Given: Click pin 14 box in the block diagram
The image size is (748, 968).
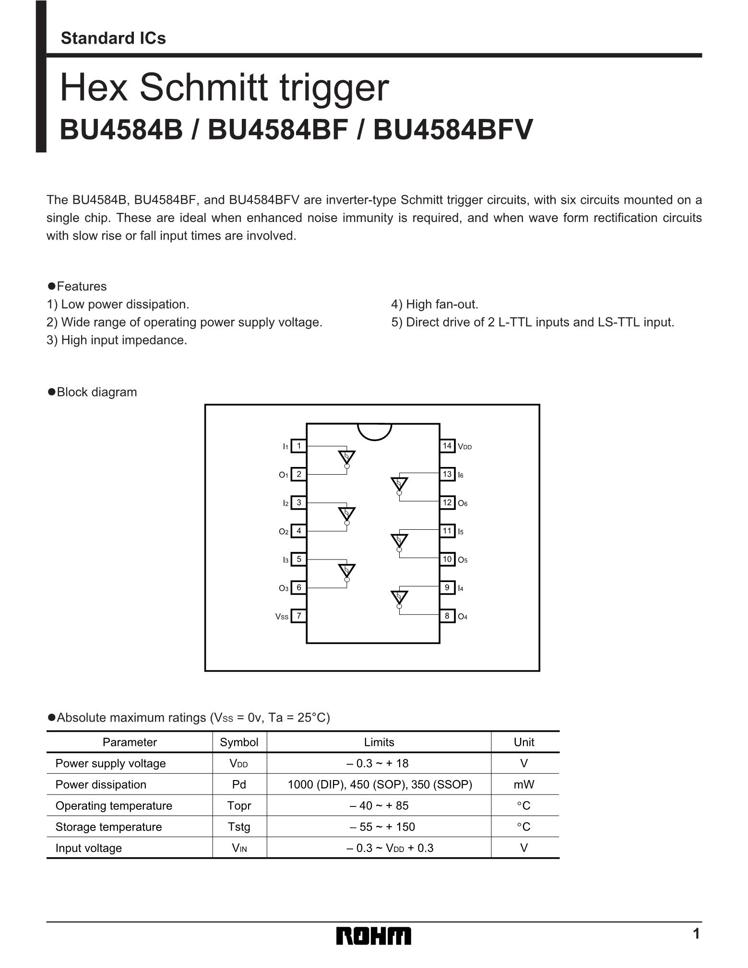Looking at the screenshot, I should click(x=447, y=446).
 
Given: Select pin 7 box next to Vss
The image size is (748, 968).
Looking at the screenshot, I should click(x=298, y=616).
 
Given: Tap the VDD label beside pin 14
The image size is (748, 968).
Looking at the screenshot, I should click(x=465, y=447).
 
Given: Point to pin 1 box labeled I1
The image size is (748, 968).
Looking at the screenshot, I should click(x=298, y=446).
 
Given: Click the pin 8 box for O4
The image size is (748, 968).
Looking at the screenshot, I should click(x=447, y=616).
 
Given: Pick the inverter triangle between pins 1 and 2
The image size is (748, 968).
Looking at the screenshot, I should click(x=346, y=457).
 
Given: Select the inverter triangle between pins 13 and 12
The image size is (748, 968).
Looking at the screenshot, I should click(x=399, y=484).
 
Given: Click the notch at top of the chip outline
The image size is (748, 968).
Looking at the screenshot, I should click(x=375, y=431).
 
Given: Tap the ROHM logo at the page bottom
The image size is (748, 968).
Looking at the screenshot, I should click(x=374, y=936).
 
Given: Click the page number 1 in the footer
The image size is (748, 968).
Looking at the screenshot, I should click(x=696, y=934).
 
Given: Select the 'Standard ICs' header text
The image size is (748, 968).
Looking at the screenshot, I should click(x=113, y=38).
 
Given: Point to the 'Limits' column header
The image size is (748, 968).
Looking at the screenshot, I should click(x=379, y=742).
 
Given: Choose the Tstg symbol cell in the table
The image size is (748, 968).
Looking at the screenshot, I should click(x=239, y=827).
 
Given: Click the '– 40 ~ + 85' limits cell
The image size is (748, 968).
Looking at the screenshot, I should click(x=379, y=805).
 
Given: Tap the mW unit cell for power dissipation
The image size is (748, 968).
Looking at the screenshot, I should click(x=524, y=784).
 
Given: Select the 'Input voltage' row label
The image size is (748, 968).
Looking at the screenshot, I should click(x=89, y=848).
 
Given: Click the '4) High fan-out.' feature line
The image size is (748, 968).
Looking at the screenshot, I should click(x=435, y=304).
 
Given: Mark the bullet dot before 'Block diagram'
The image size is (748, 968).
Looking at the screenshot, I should click(x=52, y=392).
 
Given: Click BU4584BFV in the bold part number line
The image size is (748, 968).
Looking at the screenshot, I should click(x=453, y=129).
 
